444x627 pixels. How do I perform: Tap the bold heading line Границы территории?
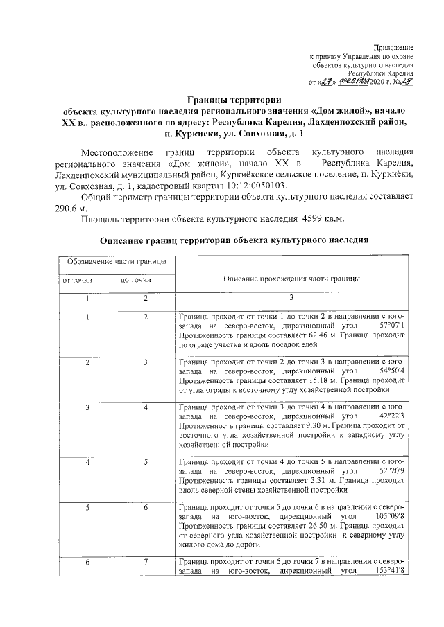click(234, 100)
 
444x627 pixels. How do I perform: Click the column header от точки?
click(78, 280)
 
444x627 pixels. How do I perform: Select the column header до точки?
click(136, 280)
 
